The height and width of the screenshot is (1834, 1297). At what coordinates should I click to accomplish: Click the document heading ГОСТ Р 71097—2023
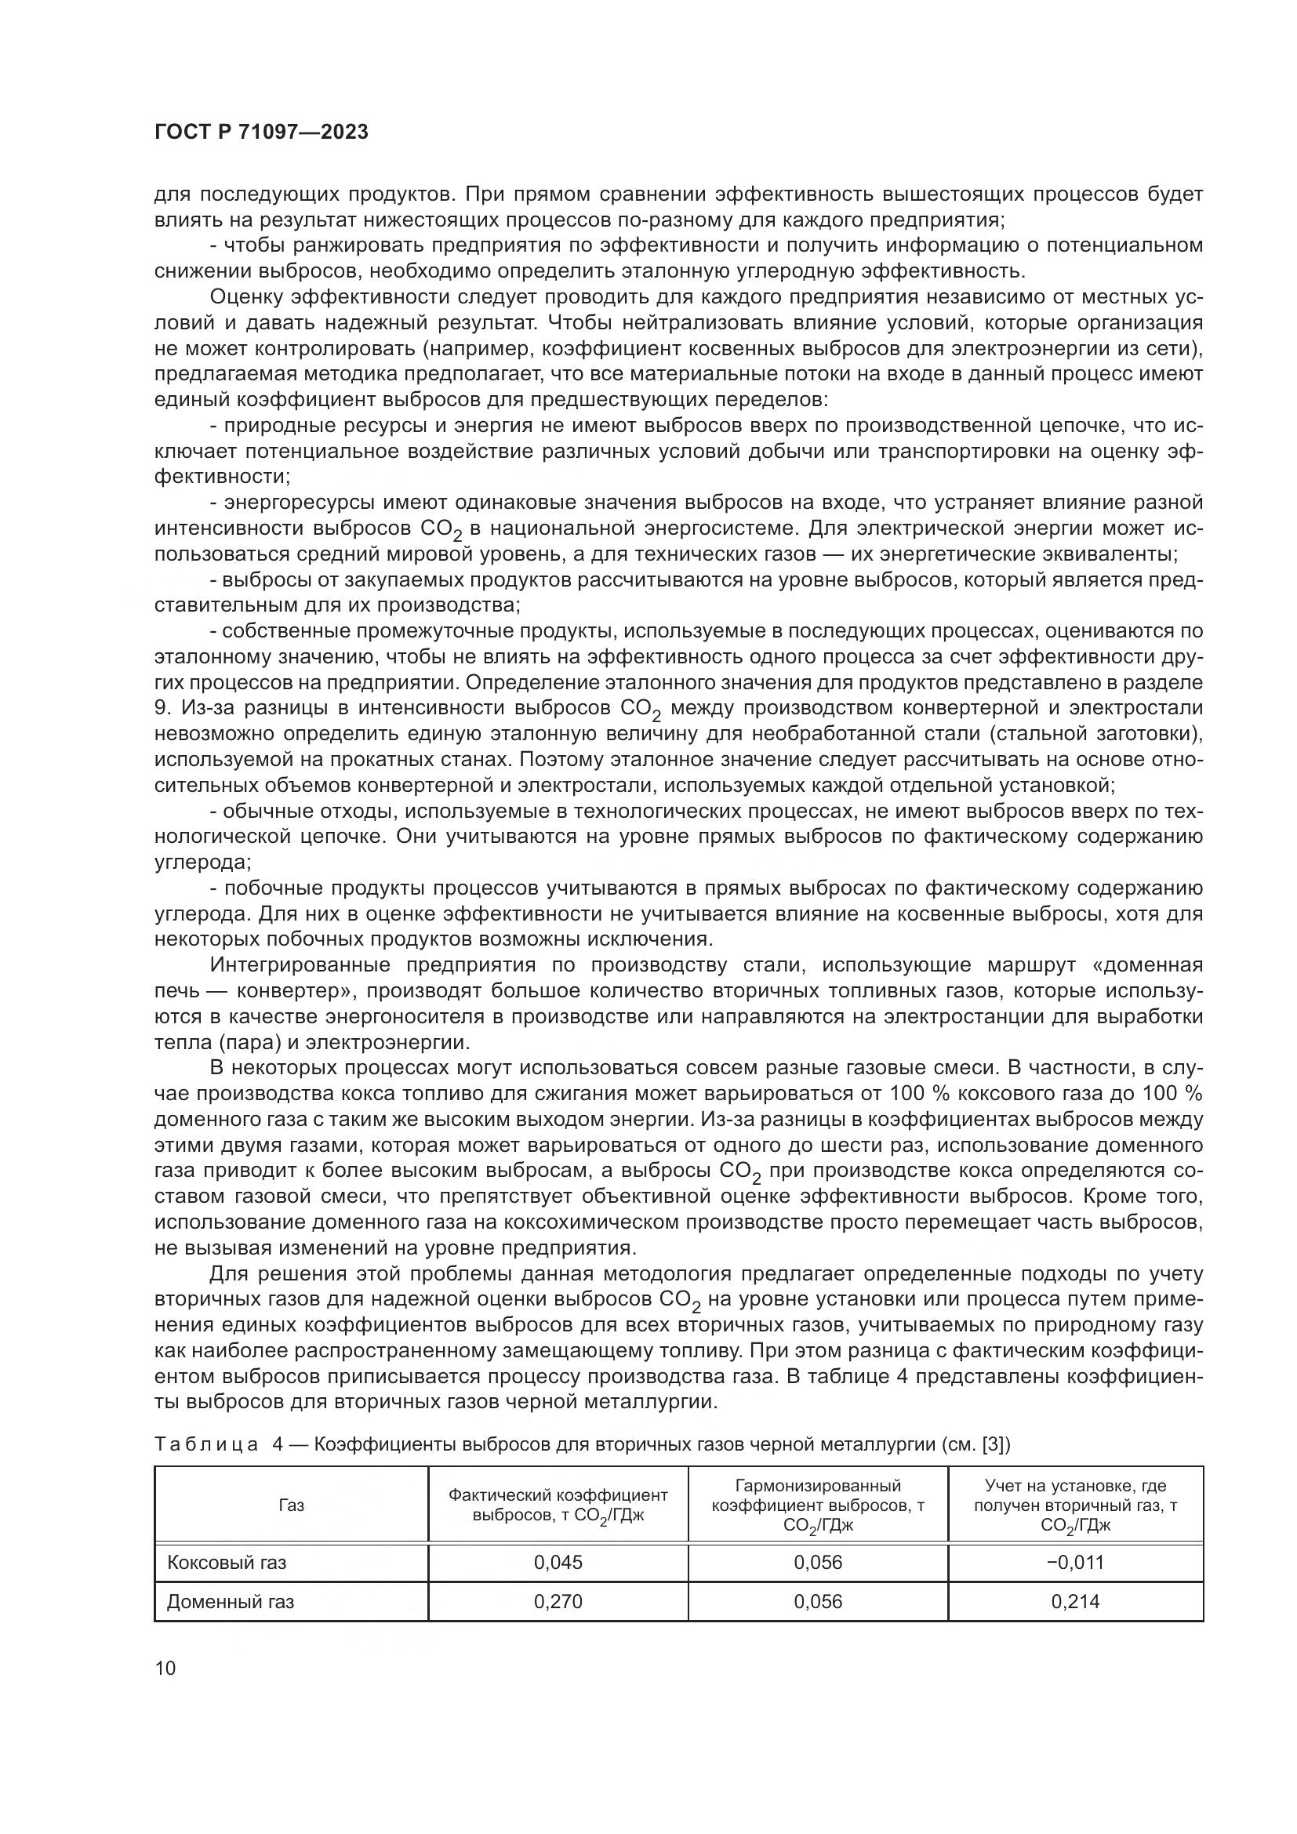(x=261, y=133)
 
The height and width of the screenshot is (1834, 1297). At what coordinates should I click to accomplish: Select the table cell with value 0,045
(x=558, y=1563)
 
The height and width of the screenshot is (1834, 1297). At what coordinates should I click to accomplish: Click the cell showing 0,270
(x=558, y=1602)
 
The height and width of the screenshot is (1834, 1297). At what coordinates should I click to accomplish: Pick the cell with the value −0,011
(x=1075, y=1563)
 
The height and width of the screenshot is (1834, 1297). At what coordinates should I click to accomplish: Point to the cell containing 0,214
(x=1075, y=1602)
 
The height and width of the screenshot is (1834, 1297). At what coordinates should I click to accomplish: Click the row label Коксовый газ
(x=226, y=1563)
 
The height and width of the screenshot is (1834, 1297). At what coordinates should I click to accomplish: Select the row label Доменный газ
(x=230, y=1602)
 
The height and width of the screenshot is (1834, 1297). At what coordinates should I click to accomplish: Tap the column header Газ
(x=291, y=1505)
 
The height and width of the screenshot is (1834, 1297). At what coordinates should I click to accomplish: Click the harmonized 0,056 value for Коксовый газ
(x=818, y=1563)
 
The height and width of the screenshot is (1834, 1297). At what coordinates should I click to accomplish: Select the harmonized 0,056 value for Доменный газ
(x=818, y=1602)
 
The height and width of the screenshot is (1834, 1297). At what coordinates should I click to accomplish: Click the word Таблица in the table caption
(x=206, y=1444)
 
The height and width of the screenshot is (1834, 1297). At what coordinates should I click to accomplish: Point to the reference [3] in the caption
(x=994, y=1444)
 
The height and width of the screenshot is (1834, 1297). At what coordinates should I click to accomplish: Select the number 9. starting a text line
(x=162, y=709)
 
